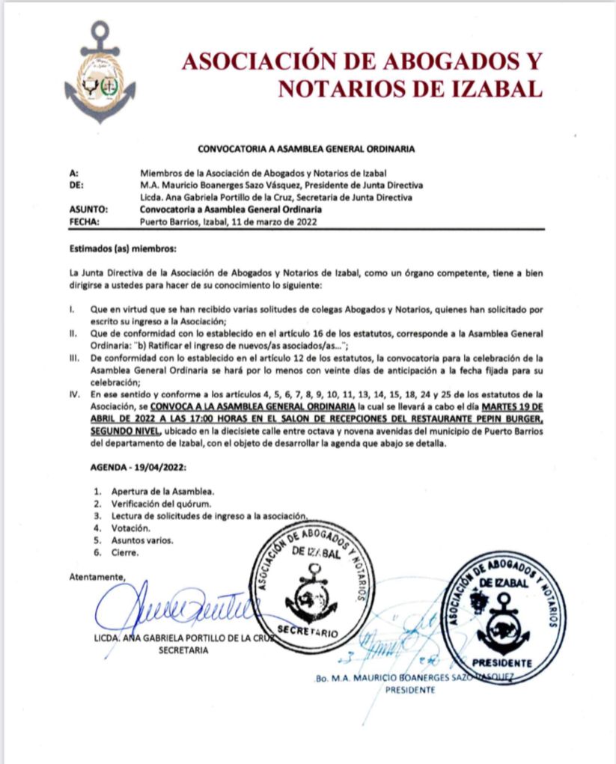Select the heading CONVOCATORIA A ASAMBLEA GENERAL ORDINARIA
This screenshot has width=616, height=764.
[x=306, y=149]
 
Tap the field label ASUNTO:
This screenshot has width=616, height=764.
[x=88, y=210]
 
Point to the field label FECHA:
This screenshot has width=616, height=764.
[x=85, y=221]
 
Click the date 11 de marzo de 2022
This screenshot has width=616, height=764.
[x=275, y=221]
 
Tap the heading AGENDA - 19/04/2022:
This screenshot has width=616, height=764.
[x=136, y=467]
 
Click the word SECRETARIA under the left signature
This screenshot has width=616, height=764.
[x=184, y=650]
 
